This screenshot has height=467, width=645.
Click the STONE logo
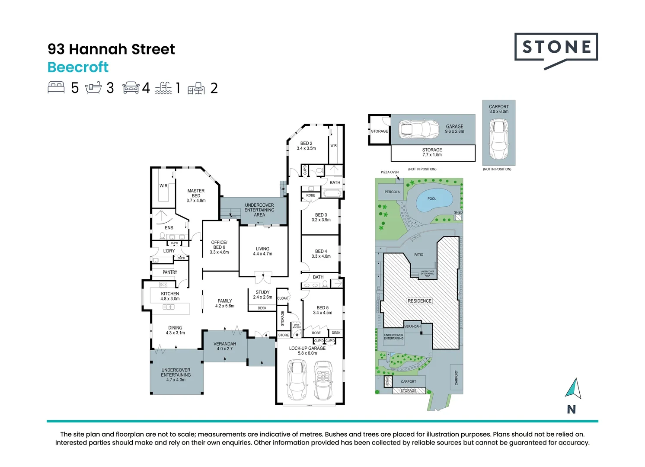tap(556, 48)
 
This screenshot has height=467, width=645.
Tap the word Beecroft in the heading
tap(78, 67)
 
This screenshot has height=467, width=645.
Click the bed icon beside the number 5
tap(56, 88)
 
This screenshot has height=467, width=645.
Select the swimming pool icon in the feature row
tap(163, 88)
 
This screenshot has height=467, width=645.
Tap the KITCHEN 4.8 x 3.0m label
tap(170, 296)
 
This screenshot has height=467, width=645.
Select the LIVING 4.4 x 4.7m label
tap(262, 251)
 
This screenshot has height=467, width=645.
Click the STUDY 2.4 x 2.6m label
tap(262, 294)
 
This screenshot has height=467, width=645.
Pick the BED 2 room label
tap(306, 146)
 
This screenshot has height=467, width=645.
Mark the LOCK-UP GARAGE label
tap(307, 351)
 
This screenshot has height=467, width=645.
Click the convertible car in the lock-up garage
tap(323, 380)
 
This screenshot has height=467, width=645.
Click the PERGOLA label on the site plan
tap(392, 192)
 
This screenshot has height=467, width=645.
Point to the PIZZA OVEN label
tap(390, 172)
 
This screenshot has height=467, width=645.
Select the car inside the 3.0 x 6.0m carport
tap(498, 139)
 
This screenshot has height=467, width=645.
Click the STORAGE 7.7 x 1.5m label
tap(432, 152)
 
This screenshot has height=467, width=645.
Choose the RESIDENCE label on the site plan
tap(419, 301)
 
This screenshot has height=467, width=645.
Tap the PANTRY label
tap(170, 272)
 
